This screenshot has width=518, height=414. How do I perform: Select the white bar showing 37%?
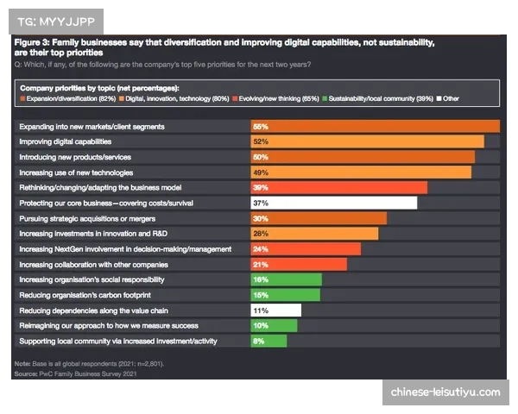(x=333, y=203)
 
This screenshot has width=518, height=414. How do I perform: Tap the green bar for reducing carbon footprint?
(x=285, y=295)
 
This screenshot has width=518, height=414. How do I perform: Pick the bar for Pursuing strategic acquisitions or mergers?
(x=318, y=218)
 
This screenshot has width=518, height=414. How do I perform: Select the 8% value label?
(x=258, y=342)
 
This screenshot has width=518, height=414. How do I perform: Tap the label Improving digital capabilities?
(x=66, y=141)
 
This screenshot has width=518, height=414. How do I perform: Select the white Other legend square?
(x=439, y=99)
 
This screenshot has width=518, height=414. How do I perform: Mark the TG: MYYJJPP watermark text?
(x=60, y=20)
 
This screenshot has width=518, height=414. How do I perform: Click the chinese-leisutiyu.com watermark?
(x=445, y=392)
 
